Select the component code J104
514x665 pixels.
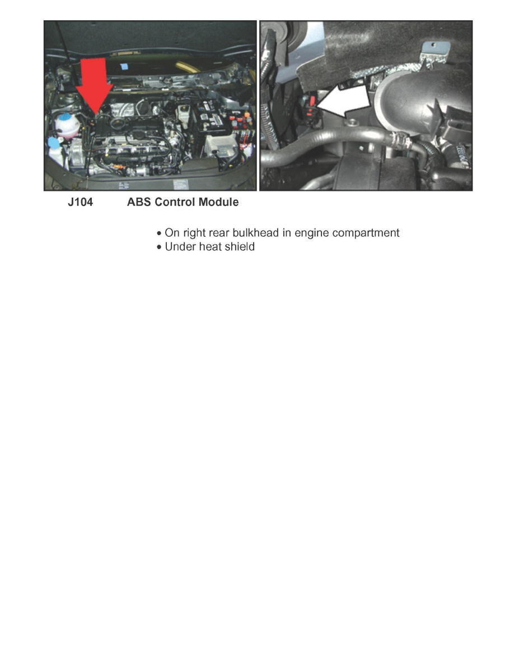point(81,203)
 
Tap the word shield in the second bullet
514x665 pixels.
point(241,247)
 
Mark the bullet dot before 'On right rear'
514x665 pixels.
point(160,233)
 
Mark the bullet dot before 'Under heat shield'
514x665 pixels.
point(160,247)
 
